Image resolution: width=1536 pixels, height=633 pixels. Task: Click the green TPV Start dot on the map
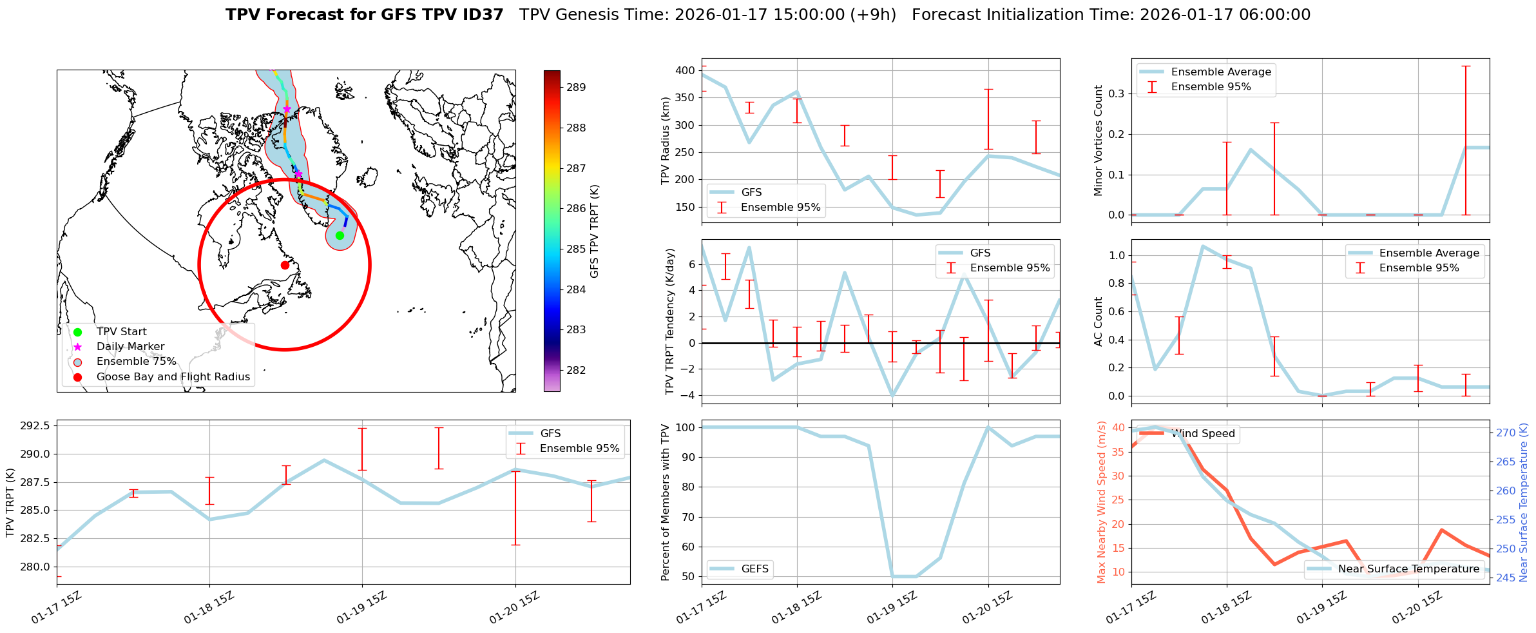340,235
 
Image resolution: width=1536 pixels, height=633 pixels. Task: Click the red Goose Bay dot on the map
285,265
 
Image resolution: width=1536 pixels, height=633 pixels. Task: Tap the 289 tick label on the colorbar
576,87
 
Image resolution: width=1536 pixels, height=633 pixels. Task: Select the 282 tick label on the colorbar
576,370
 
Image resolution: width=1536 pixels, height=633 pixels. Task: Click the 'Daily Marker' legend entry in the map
130,347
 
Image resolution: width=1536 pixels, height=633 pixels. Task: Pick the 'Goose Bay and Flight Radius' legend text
173,377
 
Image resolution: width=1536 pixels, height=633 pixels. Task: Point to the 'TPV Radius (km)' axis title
666,141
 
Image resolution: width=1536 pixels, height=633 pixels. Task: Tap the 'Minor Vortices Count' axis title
1099,141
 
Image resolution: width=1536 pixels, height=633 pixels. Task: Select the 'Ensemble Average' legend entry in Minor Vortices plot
1220,72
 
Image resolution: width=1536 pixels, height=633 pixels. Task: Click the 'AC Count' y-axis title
1099,322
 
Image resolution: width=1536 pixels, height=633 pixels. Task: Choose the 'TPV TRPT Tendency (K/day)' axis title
670,322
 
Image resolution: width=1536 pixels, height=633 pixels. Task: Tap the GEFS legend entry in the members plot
754,569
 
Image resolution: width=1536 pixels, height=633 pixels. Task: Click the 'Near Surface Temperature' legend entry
1408,569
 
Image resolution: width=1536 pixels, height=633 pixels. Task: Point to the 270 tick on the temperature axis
1506,433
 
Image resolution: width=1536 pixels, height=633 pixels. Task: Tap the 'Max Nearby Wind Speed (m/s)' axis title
1101,502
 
